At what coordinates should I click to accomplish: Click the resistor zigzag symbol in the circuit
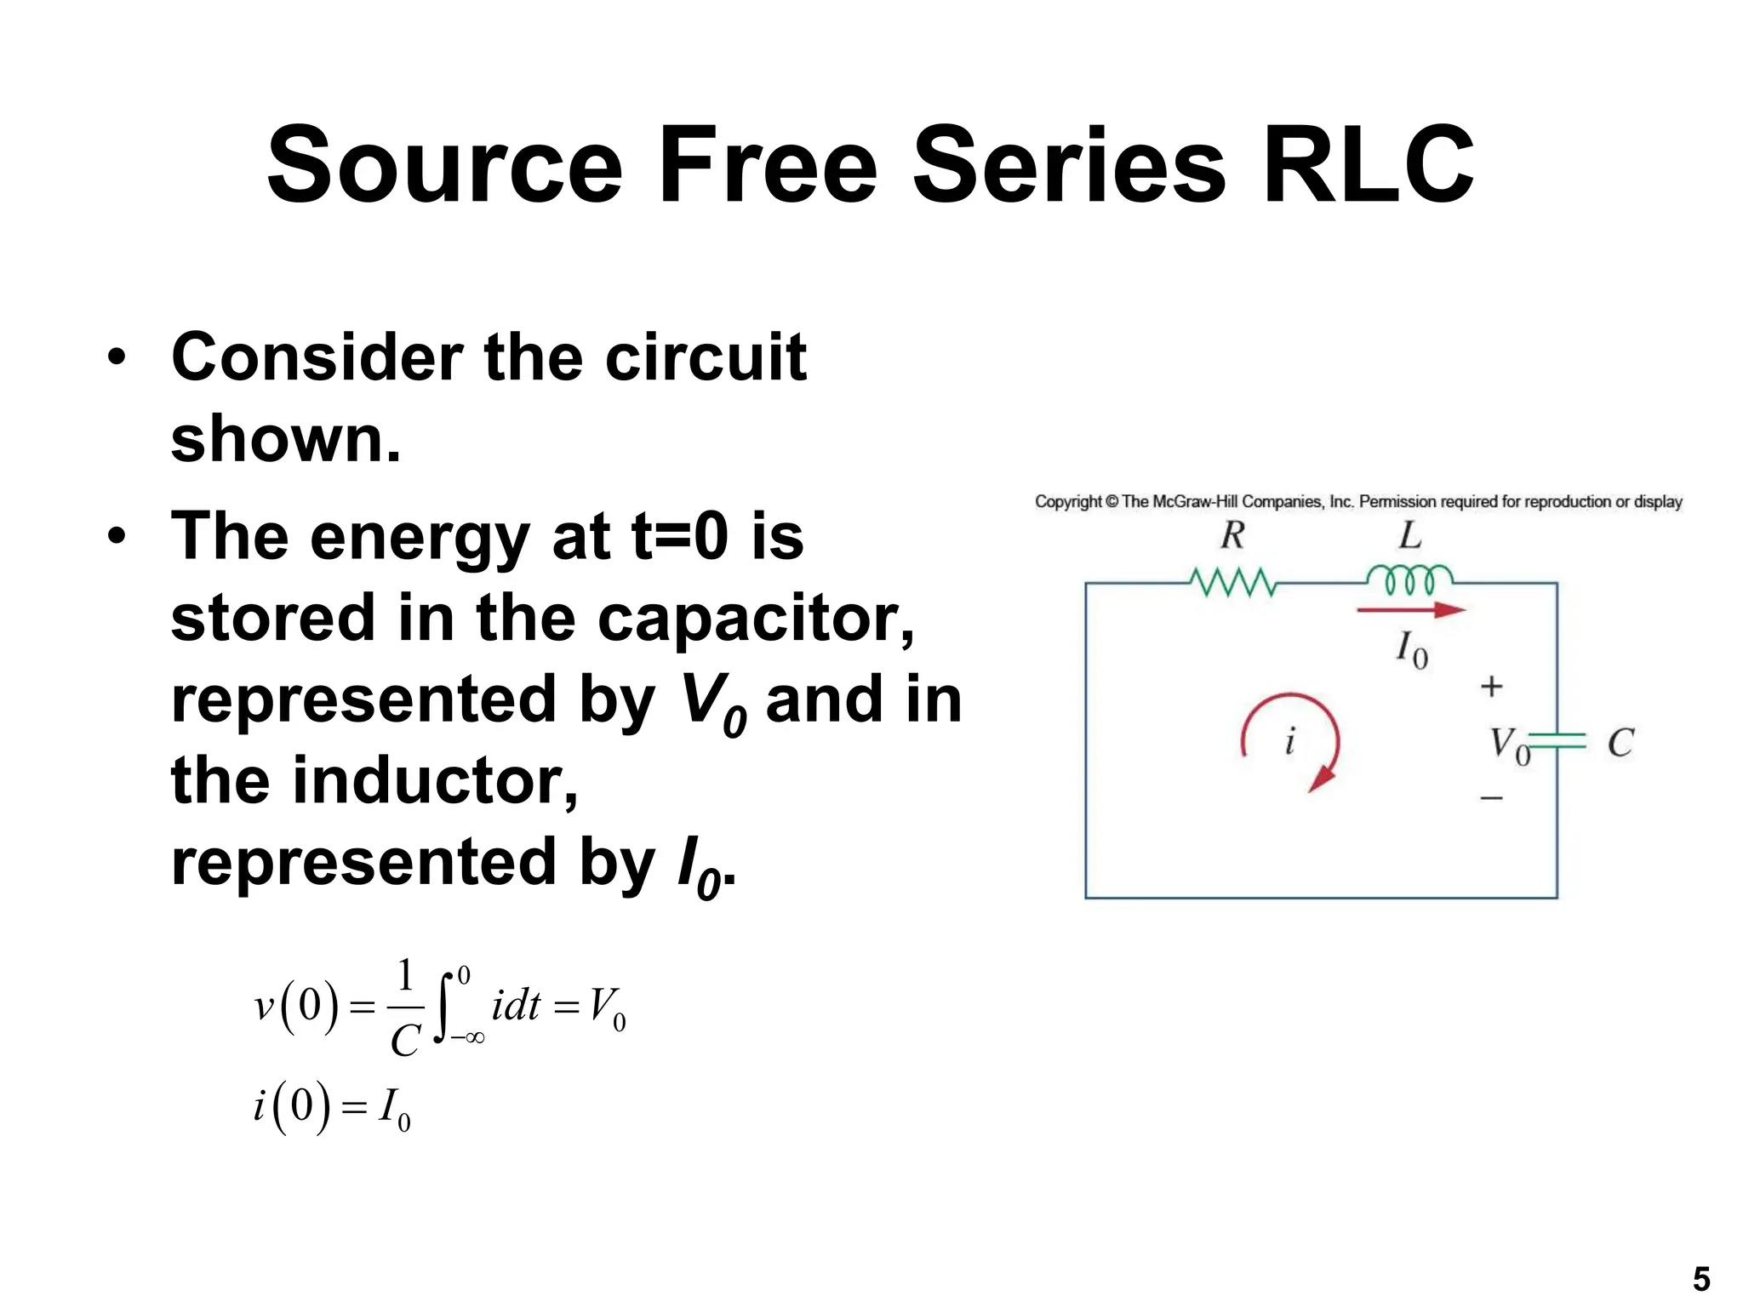[1233, 583]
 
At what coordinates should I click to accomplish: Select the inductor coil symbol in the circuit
[1409, 579]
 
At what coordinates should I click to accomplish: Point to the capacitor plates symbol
[1559, 742]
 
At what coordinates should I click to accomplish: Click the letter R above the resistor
[1232, 535]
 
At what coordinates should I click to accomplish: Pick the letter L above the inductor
[1410, 535]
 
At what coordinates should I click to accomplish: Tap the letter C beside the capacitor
[1620, 743]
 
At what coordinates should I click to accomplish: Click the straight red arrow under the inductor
[1411, 610]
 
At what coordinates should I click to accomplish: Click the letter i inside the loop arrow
[1290, 741]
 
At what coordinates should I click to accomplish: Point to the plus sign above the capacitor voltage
[1491, 686]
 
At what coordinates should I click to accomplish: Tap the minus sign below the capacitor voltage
[1491, 798]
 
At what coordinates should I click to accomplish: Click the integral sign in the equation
[443, 1007]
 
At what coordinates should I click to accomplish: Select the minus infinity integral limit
[468, 1037]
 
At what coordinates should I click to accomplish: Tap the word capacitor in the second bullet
[756, 618]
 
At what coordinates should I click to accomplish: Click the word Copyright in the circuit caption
[1068, 502]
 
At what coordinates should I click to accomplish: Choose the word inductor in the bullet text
[435, 780]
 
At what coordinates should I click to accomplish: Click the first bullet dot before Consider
[117, 357]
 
